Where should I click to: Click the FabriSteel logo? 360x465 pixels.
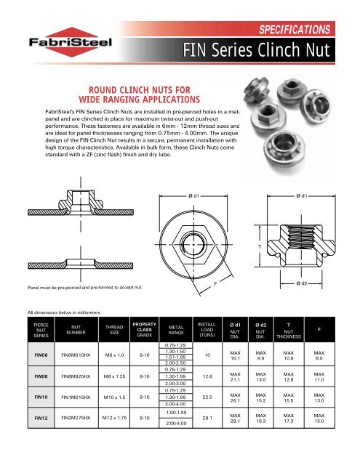click(x=71, y=42)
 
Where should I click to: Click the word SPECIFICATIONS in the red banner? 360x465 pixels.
click(x=295, y=29)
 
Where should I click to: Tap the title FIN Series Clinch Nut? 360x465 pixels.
click(x=256, y=50)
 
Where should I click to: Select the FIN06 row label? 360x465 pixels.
click(x=41, y=355)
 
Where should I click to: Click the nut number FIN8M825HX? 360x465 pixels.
click(x=76, y=376)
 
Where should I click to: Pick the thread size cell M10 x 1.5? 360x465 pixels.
click(x=114, y=397)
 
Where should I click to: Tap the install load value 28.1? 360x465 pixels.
click(x=207, y=418)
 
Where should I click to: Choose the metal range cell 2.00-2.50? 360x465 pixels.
click(x=176, y=363)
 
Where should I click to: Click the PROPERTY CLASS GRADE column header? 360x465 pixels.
click(x=144, y=329)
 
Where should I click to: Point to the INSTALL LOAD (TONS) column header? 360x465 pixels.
click(x=207, y=329)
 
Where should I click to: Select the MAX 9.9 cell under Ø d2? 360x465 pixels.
click(x=260, y=355)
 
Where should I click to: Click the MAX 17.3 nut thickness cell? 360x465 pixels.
click(x=288, y=418)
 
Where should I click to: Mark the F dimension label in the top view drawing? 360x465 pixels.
click(x=215, y=284)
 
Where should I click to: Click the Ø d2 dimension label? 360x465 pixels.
click(x=301, y=283)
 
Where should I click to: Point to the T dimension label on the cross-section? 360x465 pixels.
click(x=260, y=246)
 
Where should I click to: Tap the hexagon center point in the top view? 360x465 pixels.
click(x=193, y=244)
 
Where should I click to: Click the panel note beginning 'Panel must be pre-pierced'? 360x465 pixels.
click(x=85, y=288)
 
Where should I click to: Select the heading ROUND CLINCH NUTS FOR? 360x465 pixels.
click(x=140, y=90)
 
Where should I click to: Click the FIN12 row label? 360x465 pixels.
click(x=41, y=418)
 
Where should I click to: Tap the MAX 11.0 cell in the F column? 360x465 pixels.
click(x=319, y=376)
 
